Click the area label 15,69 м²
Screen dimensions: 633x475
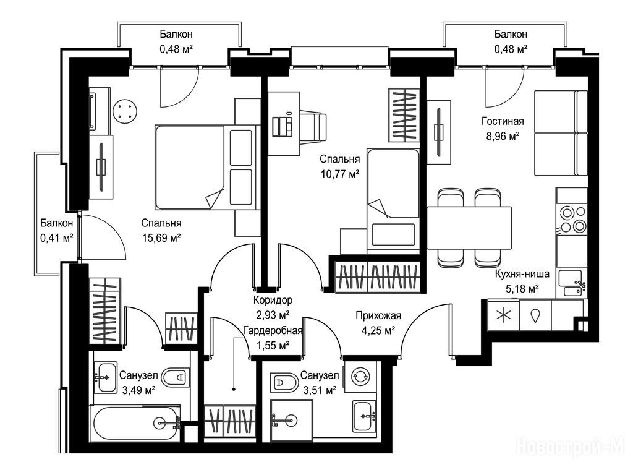[161, 237]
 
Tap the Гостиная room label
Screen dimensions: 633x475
[503, 121]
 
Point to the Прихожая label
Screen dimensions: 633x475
[378, 315]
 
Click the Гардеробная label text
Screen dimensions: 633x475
[273, 331]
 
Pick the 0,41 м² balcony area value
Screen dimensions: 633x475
[56, 237]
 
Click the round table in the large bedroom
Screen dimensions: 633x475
[125, 111]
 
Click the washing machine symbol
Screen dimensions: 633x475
[360, 377]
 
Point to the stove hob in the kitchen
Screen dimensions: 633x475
[572, 219]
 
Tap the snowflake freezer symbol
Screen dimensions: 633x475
[503, 315]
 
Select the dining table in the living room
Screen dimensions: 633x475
[469, 228]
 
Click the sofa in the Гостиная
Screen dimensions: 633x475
[561, 133]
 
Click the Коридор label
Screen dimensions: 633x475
[273, 300]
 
